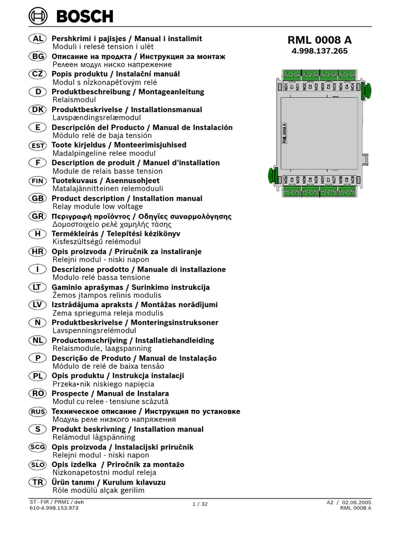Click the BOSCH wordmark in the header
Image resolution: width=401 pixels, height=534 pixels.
pyautogui.click(x=85, y=17)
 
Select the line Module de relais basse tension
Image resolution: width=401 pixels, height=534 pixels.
pyautogui.click(x=108, y=171)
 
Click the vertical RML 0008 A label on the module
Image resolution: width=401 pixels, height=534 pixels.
pyautogui.click(x=285, y=132)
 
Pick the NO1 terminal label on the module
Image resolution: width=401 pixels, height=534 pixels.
pyautogui.click(x=286, y=86)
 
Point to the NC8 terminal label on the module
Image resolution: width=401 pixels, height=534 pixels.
pyautogui.click(x=352, y=180)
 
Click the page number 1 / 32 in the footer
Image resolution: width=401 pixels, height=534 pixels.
pyautogui.click(x=200, y=504)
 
